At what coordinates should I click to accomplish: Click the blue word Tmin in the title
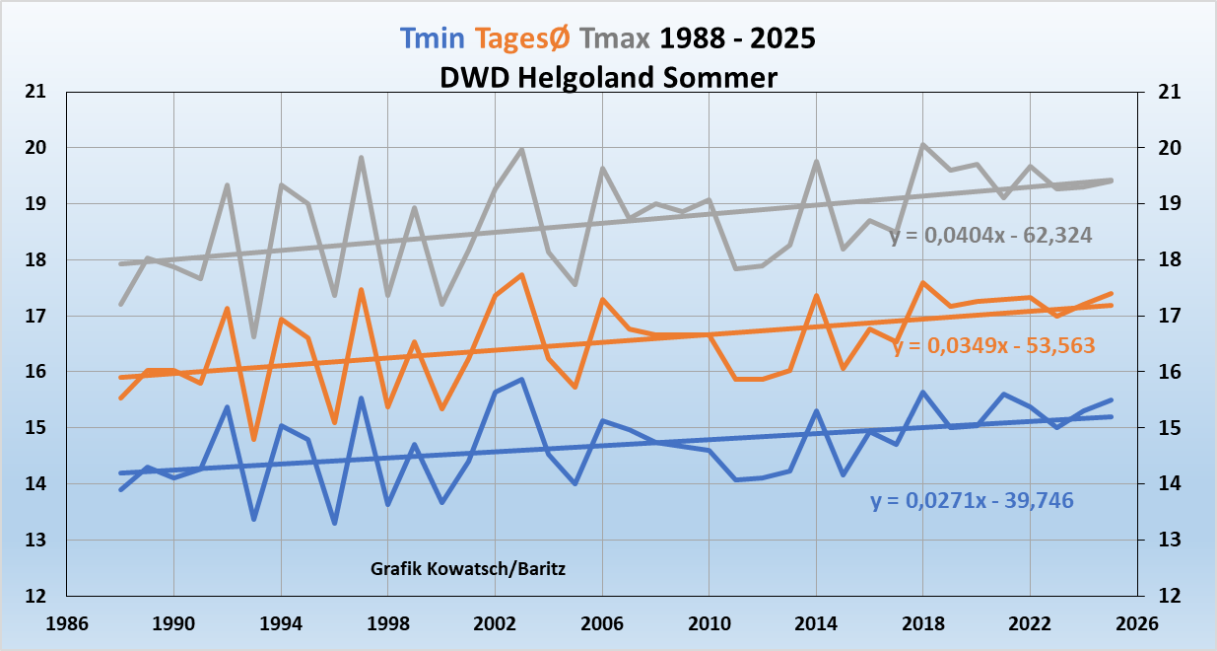(x=433, y=39)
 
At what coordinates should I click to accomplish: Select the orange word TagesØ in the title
(x=522, y=39)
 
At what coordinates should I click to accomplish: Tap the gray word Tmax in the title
(x=615, y=39)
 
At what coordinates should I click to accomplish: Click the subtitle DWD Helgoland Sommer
(x=608, y=76)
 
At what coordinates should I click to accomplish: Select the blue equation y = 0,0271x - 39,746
(x=972, y=501)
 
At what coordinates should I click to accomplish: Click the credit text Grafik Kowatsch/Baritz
(x=468, y=569)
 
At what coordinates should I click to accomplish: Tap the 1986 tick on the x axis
(x=66, y=623)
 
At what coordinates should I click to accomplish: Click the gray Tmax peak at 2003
(x=521, y=149)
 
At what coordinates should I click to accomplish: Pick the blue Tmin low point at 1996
(x=334, y=523)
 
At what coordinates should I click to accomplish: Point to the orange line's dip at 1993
(x=254, y=439)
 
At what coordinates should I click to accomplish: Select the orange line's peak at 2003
(x=521, y=274)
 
